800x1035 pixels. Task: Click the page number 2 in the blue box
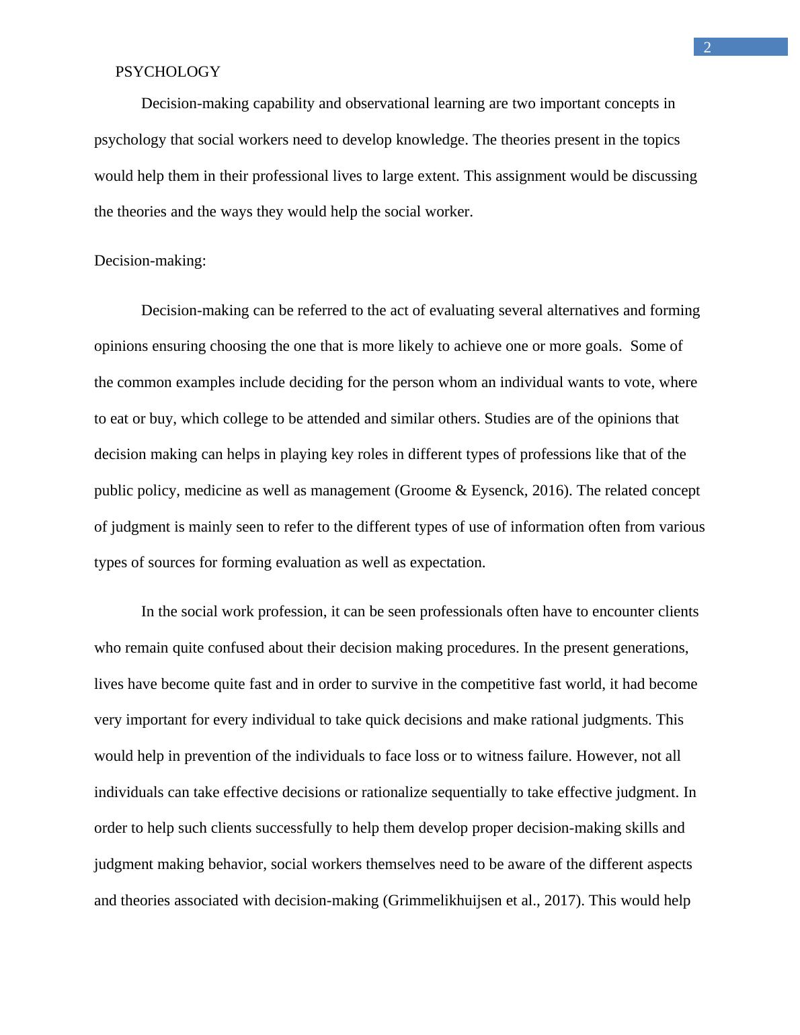(707, 47)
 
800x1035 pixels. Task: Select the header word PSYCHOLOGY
(167, 72)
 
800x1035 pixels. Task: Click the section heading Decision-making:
(150, 261)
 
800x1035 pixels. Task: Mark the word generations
(649, 648)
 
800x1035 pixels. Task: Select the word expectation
(446, 563)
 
